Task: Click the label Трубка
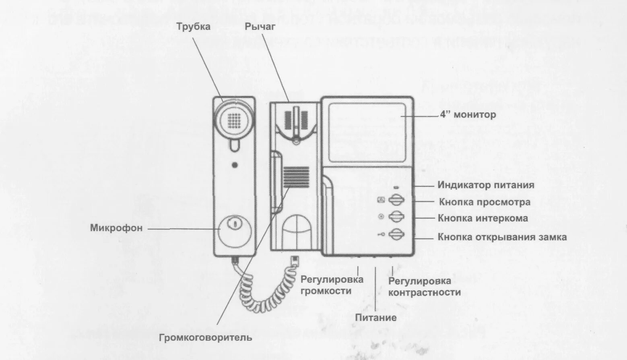(193, 27)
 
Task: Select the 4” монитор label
(468, 115)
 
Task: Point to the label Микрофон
(116, 228)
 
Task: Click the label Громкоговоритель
(206, 337)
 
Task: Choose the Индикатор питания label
(486, 185)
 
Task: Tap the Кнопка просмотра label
(485, 202)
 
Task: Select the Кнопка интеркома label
(483, 218)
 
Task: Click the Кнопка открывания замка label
(502, 237)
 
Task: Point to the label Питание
(376, 318)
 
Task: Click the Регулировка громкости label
(332, 285)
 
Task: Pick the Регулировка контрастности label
(424, 287)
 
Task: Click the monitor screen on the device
(367, 132)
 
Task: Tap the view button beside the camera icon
(397, 200)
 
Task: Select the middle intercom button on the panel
(397, 217)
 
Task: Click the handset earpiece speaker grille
(235, 119)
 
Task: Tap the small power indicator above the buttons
(396, 187)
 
